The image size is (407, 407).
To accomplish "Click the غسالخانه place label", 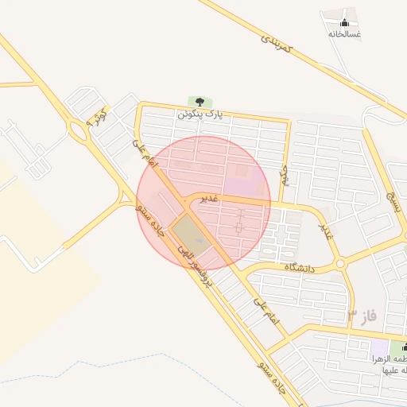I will click(344, 34).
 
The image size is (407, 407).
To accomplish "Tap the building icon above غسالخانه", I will click(344, 21).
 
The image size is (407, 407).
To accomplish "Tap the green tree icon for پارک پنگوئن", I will click(199, 102).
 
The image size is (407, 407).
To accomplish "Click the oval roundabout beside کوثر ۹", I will click(77, 126).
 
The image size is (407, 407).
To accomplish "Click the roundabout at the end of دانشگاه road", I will click(341, 263).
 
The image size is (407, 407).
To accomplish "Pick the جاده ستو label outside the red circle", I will click(273, 375).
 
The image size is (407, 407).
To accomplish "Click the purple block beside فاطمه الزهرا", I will click(380, 348).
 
